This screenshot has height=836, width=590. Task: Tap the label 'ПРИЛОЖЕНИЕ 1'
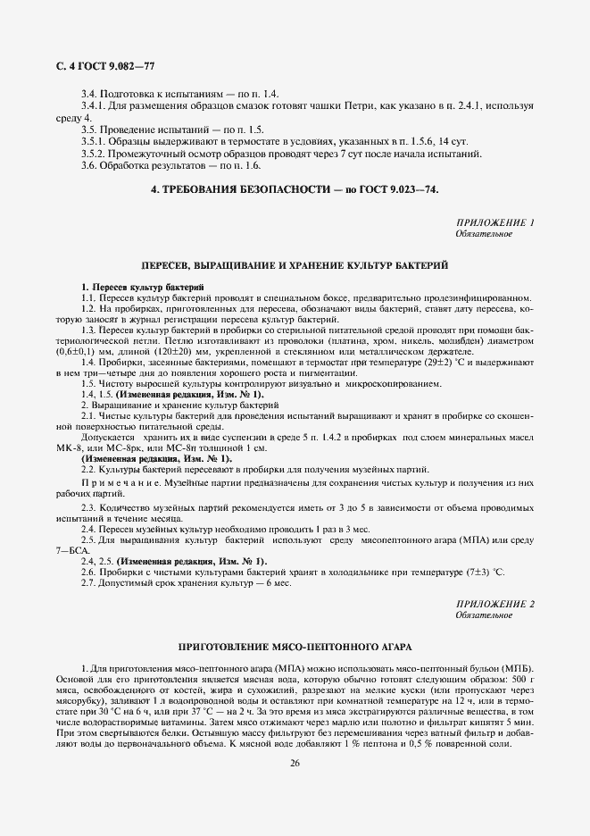coord(494,222)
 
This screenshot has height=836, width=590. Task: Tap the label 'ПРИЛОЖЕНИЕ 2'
coord(494,605)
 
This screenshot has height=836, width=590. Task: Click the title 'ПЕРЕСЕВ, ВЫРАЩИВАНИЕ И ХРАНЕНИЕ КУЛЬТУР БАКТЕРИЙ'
coord(295,266)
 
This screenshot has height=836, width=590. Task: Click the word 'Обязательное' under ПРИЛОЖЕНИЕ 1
coord(484,234)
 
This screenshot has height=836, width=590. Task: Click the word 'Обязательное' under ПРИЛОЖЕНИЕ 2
coord(484,616)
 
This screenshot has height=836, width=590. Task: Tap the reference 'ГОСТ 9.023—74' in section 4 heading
coord(400,190)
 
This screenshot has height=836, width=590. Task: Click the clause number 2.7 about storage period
coord(89,582)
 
